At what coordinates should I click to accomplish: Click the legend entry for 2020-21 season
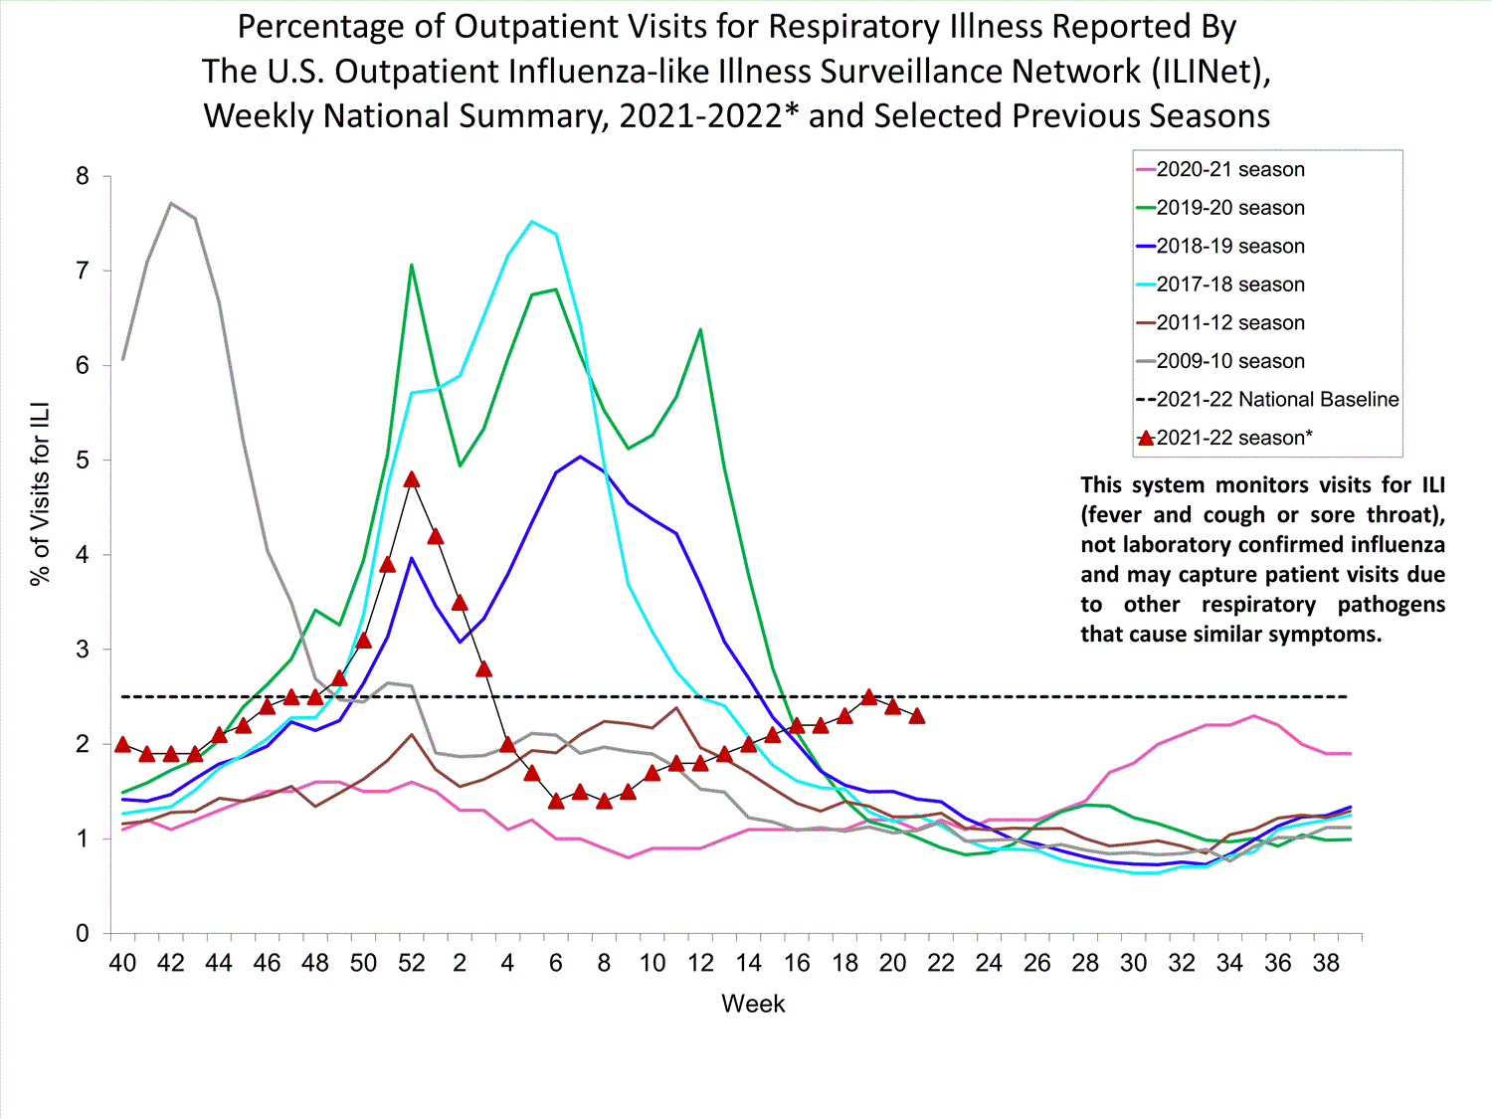click(x=1229, y=170)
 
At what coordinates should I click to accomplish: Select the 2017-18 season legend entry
click(x=1229, y=285)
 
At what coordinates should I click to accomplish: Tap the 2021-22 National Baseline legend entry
click(x=1276, y=400)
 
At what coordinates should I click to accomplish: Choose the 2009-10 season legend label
click(x=1229, y=362)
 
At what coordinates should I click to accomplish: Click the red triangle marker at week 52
click(x=412, y=479)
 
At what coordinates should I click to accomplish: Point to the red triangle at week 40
click(x=122, y=744)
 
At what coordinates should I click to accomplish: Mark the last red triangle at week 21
click(x=917, y=716)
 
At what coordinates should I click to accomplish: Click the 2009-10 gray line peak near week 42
click(x=171, y=204)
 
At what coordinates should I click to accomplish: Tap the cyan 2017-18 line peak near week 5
click(x=532, y=222)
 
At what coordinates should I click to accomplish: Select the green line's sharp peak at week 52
click(x=411, y=266)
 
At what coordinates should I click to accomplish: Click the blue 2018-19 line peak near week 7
click(x=580, y=457)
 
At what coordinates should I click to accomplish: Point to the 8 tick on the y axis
click(x=83, y=177)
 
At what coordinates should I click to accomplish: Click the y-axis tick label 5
click(x=83, y=461)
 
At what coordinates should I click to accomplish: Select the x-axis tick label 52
click(x=411, y=963)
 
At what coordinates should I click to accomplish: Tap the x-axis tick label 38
click(x=1326, y=963)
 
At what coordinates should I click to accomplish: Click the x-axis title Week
click(x=753, y=1004)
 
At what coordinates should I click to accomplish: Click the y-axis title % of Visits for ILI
click(x=41, y=494)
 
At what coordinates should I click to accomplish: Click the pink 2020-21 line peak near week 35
click(x=1254, y=716)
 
